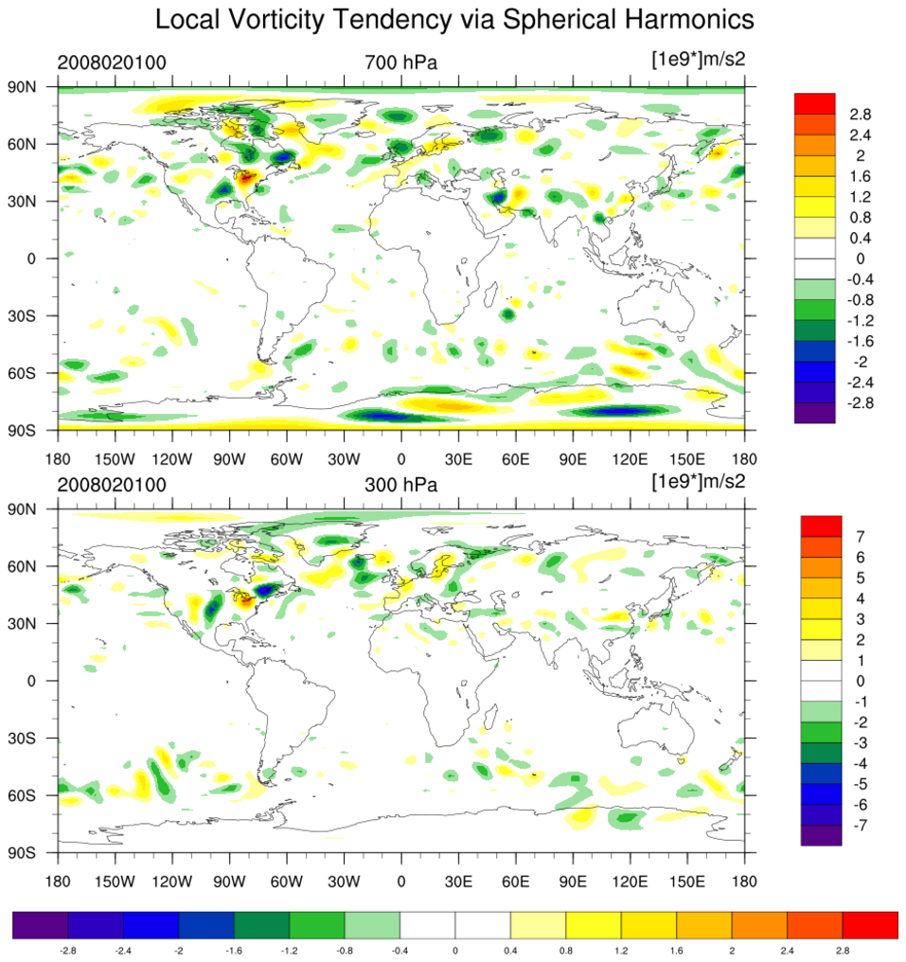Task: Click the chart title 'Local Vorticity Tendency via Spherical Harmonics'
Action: point(453,19)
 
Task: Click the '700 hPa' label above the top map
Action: point(400,63)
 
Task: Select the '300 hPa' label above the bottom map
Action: point(400,485)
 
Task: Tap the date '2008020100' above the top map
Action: point(112,63)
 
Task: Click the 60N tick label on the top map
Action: point(35,144)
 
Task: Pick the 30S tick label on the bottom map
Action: point(35,738)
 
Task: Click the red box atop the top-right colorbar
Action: point(815,102)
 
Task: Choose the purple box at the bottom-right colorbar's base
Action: point(821,835)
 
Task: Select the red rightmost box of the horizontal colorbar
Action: point(869,925)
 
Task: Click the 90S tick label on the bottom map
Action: point(35,852)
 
